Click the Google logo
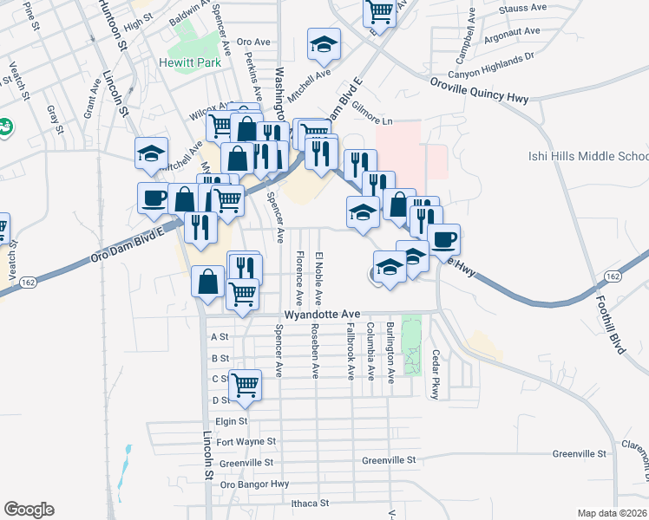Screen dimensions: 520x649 tap(29, 510)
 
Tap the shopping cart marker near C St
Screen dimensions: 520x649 tap(246, 382)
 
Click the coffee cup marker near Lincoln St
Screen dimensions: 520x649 tap(154, 197)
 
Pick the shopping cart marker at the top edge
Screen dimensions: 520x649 tap(381, 10)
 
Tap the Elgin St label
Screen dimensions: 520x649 tap(232, 422)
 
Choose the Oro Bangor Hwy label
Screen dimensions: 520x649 tap(254, 484)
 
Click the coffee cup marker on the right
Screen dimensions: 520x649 tap(443, 238)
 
